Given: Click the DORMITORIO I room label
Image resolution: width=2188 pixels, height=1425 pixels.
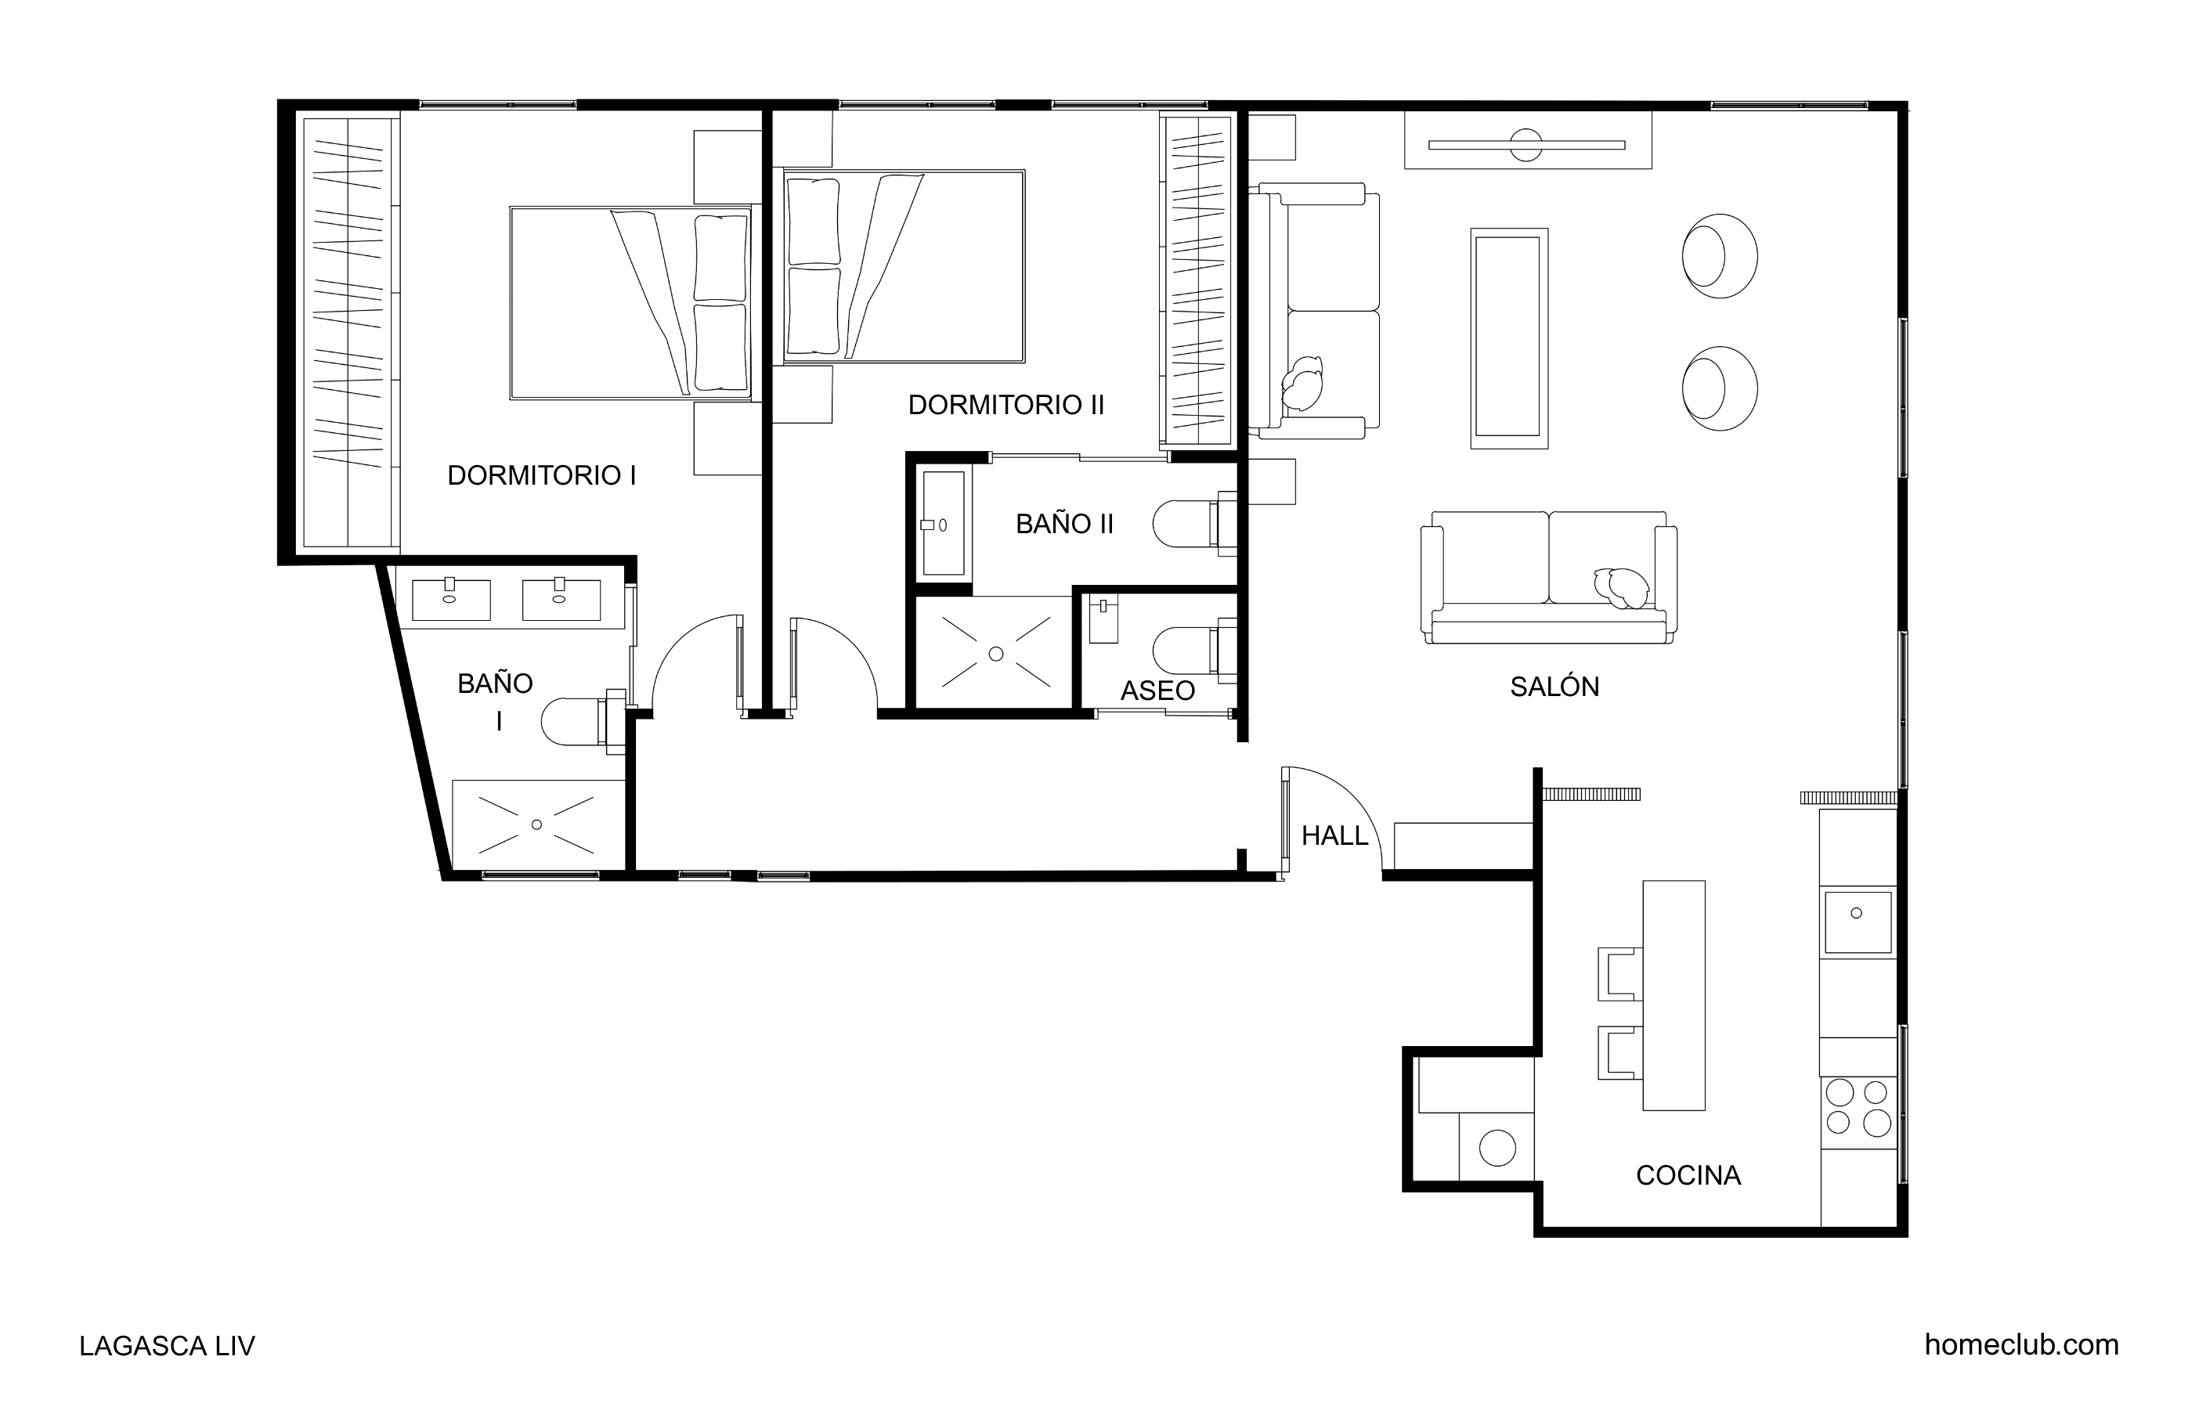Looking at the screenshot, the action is (x=541, y=475).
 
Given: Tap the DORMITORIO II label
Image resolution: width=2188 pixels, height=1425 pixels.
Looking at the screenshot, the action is (x=1006, y=405).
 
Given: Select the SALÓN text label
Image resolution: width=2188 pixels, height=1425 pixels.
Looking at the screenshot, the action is (x=1554, y=686).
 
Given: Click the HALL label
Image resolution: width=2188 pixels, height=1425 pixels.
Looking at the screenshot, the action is (x=1335, y=835).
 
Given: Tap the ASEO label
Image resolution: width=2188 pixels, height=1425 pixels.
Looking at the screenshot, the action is (x=1157, y=691).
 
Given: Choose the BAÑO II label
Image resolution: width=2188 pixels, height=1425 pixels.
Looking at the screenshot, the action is (x=1064, y=524).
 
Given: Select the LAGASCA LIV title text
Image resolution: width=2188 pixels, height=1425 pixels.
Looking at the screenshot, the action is (x=168, y=1346).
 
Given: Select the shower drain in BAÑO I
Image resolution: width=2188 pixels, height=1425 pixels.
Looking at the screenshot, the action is (x=537, y=824).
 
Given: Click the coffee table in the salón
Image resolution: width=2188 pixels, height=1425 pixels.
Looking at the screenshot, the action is (x=1508, y=338).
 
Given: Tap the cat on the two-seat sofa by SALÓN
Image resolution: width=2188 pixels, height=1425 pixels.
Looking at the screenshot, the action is (x=1622, y=586).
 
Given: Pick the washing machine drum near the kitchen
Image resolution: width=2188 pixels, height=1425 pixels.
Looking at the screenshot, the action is (x=1497, y=1147).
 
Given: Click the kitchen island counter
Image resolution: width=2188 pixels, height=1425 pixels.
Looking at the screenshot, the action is (x=1673, y=994).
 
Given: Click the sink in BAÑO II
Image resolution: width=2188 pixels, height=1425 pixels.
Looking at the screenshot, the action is (x=943, y=523).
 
